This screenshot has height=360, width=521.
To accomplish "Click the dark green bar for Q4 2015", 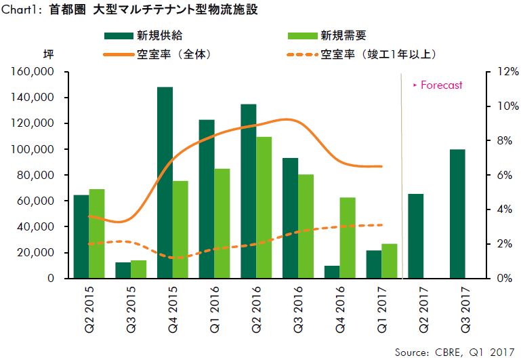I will pyautogui.click(x=165, y=183).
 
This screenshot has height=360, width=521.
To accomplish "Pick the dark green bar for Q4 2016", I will pyautogui.click(x=332, y=272).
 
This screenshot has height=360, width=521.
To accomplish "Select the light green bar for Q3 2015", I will pyautogui.click(x=138, y=269).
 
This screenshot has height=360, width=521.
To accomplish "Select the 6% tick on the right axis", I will pyautogui.click(x=499, y=175).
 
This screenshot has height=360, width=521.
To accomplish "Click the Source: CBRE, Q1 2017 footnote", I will pyautogui.click(x=455, y=351).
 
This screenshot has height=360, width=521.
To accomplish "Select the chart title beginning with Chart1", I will pyautogui.click(x=133, y=10).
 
